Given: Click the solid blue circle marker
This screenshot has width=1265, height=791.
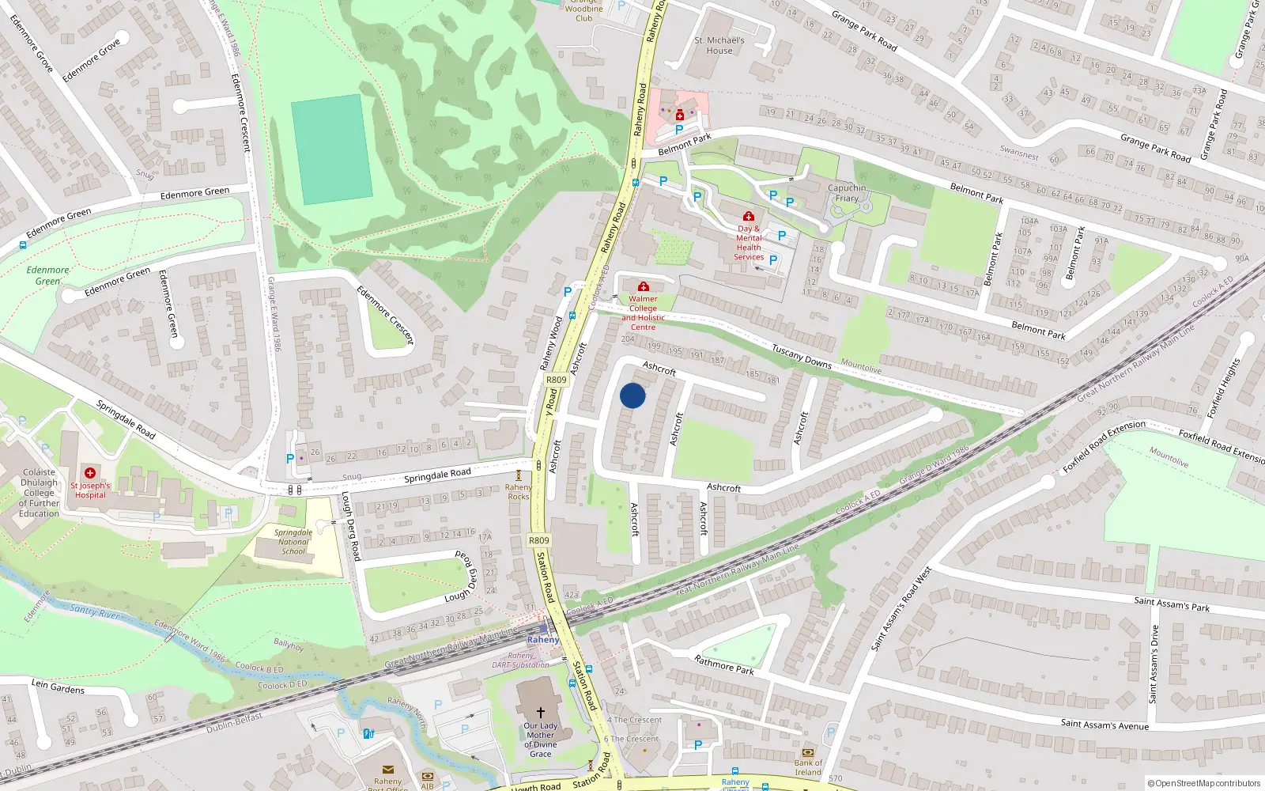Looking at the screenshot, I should pos(632,395).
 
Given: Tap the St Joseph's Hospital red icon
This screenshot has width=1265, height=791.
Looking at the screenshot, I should pos(90,473).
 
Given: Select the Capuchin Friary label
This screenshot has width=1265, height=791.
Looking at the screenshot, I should pos(847,193).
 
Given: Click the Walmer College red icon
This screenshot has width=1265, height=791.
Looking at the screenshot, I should pos(644,286).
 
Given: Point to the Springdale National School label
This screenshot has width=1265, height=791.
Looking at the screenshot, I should pos(293,542).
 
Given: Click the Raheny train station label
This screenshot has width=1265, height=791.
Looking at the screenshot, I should pos(543,640).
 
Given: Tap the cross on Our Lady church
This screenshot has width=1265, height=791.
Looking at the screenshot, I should pos(541,713).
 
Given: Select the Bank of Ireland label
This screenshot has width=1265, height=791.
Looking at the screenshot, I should pos(807,767).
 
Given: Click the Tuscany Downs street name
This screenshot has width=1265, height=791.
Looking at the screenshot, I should pos(801,357).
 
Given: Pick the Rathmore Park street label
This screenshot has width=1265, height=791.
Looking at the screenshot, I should pos(723,664).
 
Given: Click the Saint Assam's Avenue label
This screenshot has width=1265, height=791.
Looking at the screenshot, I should pos(1105,724).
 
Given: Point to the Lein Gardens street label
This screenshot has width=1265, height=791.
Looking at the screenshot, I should pos(58,687).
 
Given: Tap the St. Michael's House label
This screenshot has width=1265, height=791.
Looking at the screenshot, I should pos(719,45).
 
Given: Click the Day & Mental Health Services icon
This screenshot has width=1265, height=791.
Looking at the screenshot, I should pos(749,216).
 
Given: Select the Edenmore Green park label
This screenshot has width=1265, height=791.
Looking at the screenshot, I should pos(47,275).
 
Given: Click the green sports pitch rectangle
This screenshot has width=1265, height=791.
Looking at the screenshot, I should pos(331,149).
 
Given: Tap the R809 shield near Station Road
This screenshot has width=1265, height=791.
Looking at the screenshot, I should pos(538,540).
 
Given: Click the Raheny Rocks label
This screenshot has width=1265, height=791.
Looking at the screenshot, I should pos(519,492).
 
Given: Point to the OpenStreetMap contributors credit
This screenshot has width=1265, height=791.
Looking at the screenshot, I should pos(1203,784).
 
